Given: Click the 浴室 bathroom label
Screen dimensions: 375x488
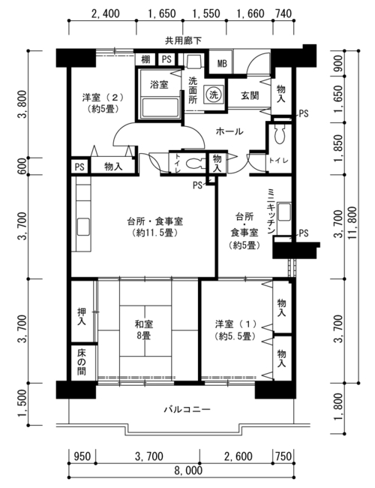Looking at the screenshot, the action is [x=159, y=84].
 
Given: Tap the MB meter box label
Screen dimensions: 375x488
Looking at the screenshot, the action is [x=222, y=64].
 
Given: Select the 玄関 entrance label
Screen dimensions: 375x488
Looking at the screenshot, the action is [x=250, y=95].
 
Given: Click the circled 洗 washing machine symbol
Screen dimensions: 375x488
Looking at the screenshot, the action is [x=213, y=95].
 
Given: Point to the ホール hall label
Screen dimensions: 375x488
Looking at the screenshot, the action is [x=229, y=131].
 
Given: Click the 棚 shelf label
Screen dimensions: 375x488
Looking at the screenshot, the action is [x=145, y=59].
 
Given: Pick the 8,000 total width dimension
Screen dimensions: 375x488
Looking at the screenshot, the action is [x=187, y=470].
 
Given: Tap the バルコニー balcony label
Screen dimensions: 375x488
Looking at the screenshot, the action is [x=187, y=409].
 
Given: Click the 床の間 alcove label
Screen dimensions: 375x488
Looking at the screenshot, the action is [x=82, y=363].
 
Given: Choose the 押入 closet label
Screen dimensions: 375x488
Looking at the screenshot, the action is [x=82, y=317].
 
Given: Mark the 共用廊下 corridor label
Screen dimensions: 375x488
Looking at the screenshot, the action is [x=183, y=41].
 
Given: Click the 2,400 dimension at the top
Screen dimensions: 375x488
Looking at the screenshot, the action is [x=105, y=14].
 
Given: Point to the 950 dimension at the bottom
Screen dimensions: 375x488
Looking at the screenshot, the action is [x=82, y=456].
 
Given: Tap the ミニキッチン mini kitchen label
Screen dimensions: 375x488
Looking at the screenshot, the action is [x=271, y=211].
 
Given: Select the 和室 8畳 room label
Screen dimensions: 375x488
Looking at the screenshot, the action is [x=144, y=330].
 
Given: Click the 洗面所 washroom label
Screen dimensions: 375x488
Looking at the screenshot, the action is [x=193, y=91].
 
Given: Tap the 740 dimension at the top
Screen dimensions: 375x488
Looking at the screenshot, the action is [x=283, y=14].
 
